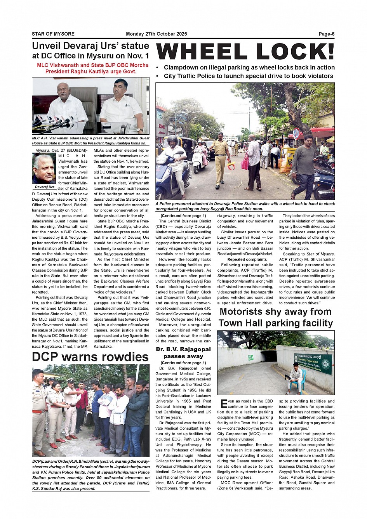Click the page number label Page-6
click(326, 34)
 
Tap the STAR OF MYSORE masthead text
click(53, 34)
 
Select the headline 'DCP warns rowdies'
click(90, 357)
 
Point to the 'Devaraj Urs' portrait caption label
click(45, 187)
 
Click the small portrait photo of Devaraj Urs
click(44, 169)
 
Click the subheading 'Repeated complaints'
click(247, 259)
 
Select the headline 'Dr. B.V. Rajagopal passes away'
click(183, 352)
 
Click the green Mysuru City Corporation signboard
click(313, 363)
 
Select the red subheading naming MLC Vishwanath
click(92, 68)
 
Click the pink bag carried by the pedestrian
click(245, 163)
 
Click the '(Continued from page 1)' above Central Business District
click(183, 215)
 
